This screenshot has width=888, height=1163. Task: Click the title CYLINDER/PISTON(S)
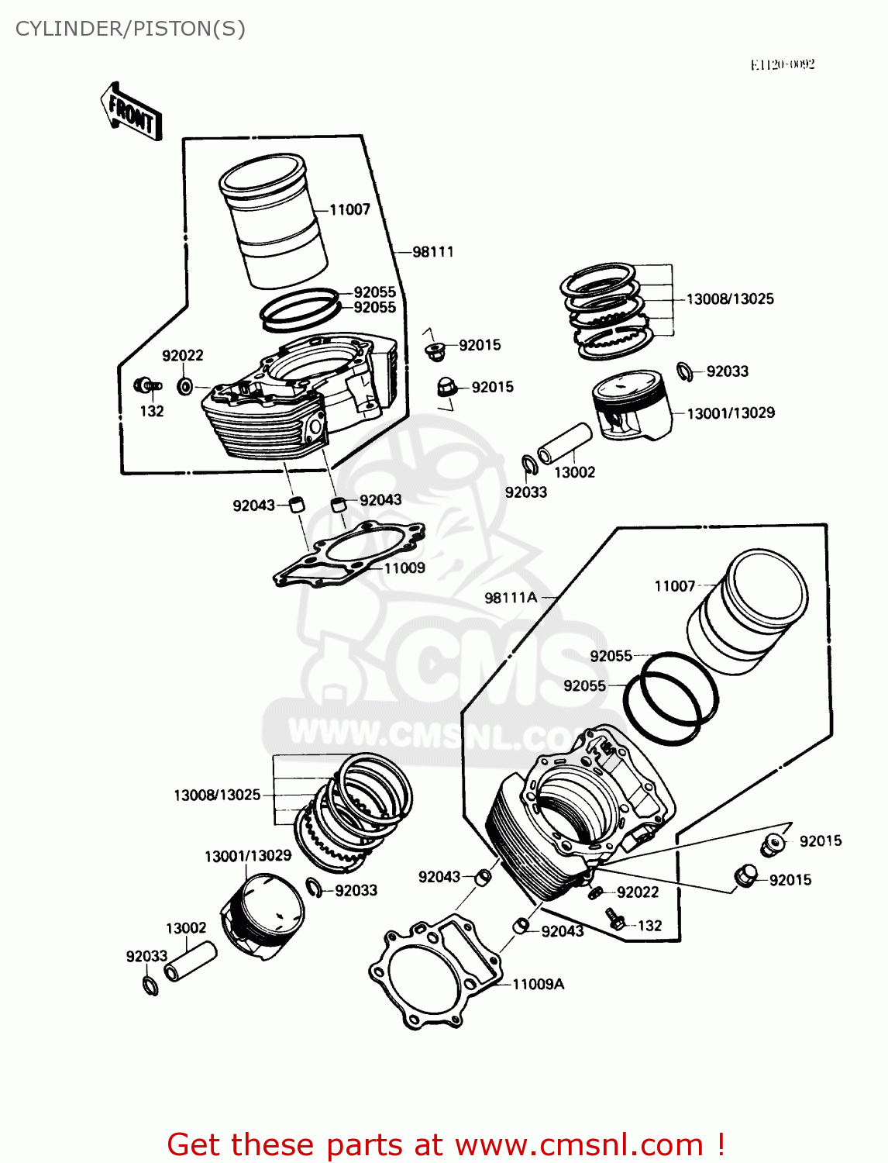(130, 29)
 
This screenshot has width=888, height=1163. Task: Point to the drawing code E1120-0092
(782, 64)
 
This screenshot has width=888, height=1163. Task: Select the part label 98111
(432, 252)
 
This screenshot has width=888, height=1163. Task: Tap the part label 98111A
(510, 598)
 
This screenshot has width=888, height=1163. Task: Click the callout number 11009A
(538, 985)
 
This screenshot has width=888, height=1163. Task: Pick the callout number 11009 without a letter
(404, 568)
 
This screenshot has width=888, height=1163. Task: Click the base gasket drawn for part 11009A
(434, 973)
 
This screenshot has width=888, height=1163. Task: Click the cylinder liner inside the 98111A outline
(748, 613)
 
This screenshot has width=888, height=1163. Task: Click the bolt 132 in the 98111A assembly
(615, 920)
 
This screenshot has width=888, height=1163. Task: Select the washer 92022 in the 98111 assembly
(185, 385)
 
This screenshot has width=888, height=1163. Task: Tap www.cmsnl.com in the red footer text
(579, 1145)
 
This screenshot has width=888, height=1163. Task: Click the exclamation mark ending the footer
(720, 1145)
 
